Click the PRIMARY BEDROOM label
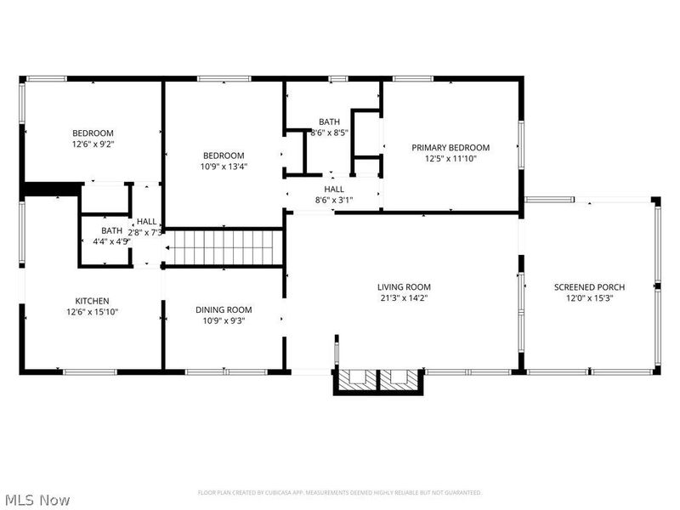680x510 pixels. pos(450,147)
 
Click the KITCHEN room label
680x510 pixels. pos(92,301)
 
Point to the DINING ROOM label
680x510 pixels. pos(224,310)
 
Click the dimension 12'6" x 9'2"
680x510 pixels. pos(93,144)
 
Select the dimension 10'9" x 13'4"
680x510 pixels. pos(224,167)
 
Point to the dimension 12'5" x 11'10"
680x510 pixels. pos(450,158)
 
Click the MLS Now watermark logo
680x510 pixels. pos(37,500)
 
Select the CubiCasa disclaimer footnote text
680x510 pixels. pos(339,492)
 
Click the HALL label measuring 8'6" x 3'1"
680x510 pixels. pos(333,190)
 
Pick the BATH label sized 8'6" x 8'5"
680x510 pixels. pos(329,122)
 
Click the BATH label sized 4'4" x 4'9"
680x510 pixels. pos(111,230)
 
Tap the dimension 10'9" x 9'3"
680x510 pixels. pos(224,321)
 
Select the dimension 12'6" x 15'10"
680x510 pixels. pos(92,312)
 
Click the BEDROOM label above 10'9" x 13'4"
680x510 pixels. pos(224,156)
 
